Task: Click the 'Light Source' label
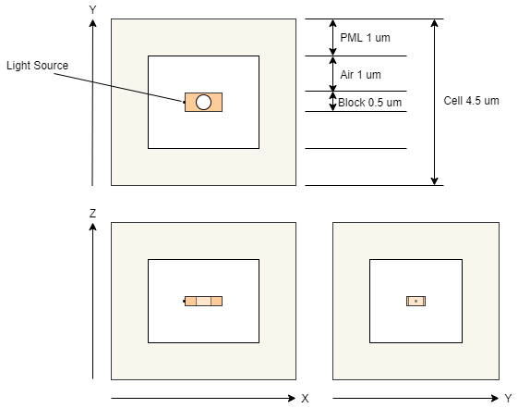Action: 37,66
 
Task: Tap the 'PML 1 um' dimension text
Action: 365,38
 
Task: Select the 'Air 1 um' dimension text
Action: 360,75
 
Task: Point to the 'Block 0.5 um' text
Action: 369,103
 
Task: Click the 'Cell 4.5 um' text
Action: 471,101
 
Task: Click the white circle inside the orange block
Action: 203,103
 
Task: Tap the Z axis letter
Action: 93,214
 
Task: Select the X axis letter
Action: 305,399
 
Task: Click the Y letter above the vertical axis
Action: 93,10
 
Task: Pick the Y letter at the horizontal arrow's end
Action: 508,399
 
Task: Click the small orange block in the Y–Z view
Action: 416,301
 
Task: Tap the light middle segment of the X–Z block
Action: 204,301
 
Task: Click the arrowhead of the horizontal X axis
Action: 292,398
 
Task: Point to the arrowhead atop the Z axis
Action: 93,227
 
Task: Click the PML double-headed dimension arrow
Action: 333,37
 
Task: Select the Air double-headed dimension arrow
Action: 333,73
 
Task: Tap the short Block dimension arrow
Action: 333,101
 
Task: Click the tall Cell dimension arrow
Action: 435,102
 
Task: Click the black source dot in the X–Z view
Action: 184,301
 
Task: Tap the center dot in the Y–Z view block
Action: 416,301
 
